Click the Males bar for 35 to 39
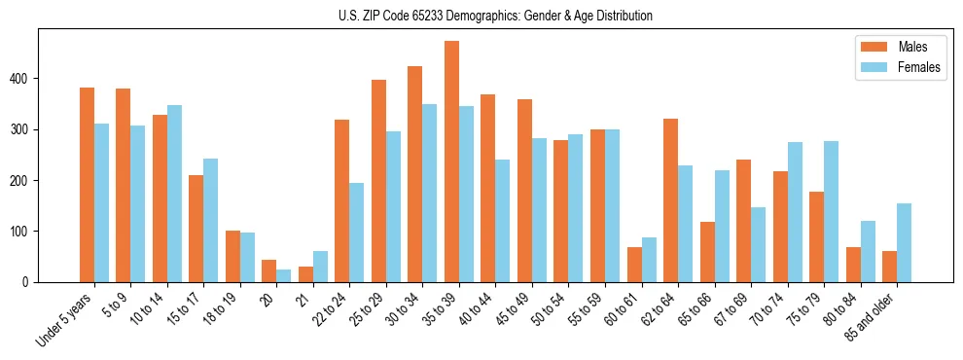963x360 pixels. [451, 162]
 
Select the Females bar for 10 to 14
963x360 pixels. [174, 194]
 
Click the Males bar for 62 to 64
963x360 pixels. [670, 200]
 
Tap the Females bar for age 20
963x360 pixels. [284, 275]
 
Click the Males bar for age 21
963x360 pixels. [305, 274]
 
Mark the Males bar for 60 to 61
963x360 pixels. [634, 265]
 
